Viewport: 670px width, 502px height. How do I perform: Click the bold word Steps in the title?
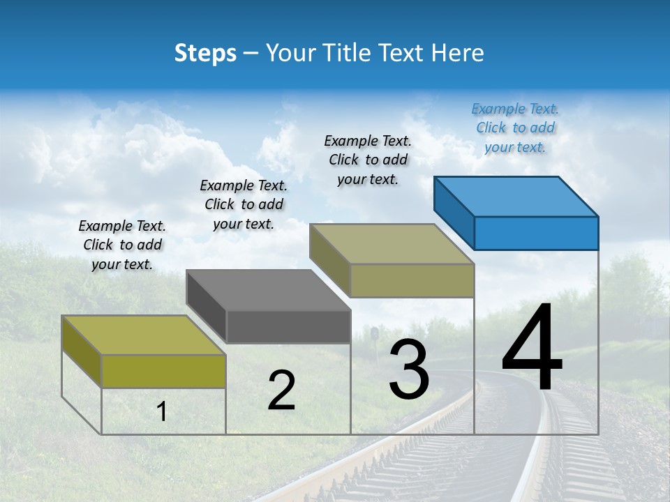tap(205, 53)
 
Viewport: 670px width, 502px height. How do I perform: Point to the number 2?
tap(281, 390)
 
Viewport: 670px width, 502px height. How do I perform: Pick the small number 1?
tap(162, 412)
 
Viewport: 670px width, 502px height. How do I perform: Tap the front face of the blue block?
tap(536, 233)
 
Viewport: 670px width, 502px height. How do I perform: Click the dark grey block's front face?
tap(288, 326)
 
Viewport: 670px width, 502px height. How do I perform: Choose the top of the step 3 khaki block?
tap(392, 244)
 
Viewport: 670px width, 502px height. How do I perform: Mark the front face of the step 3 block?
tap(412, 280)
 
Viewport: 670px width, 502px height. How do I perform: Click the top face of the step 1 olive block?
tap(144, 335)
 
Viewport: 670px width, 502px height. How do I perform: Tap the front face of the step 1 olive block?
tap(163, 371)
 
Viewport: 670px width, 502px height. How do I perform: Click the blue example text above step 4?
tap(515, 128)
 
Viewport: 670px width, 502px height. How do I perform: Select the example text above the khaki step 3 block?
tap(368, 160)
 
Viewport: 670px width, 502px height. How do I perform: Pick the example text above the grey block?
tap(244, 204)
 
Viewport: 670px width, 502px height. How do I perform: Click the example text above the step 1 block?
tap(122, 245)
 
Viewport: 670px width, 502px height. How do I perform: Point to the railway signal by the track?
tap(375, 334)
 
